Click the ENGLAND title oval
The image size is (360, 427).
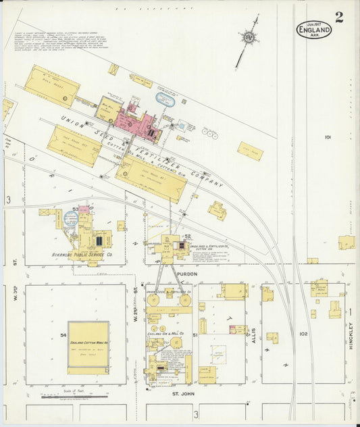[x=314, y=29]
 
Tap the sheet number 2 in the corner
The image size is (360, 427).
[x=338, y=17]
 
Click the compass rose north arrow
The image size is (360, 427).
[x=249, y=38]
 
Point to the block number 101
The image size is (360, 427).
[x=328, y=137]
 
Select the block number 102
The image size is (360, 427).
[x=303, y=333]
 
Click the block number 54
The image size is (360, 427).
[x=63, y=334]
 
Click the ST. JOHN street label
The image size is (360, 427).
[x=183, y=392]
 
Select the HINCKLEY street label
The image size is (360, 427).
[x=351, y=334]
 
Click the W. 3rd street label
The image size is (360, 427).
[x=15, y=297]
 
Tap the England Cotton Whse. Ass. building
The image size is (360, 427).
[x=88, y=347]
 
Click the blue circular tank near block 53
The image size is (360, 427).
[x=71, y=218]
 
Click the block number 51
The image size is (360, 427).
[x=195, y=334]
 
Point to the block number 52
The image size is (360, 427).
[x=188, y=236]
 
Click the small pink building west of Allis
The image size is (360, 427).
[x=237, y=330]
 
